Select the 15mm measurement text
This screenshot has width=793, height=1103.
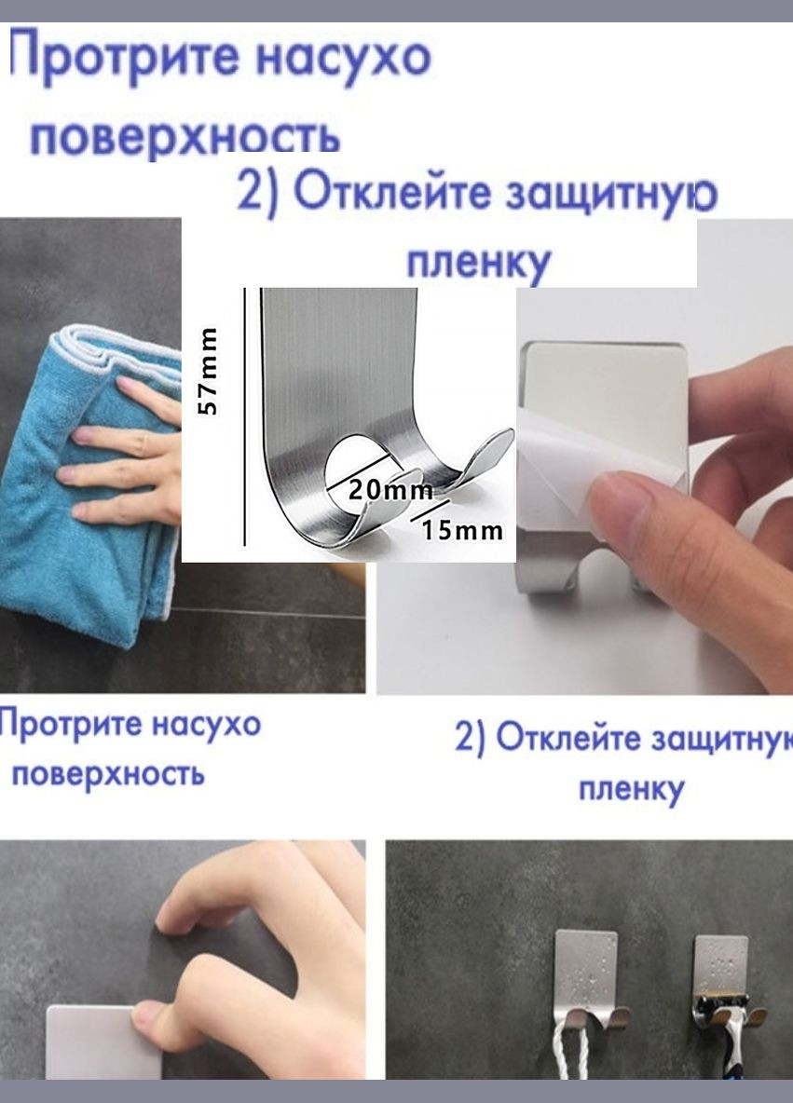click(461, 531)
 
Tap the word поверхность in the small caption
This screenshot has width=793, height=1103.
click(106, 774)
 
